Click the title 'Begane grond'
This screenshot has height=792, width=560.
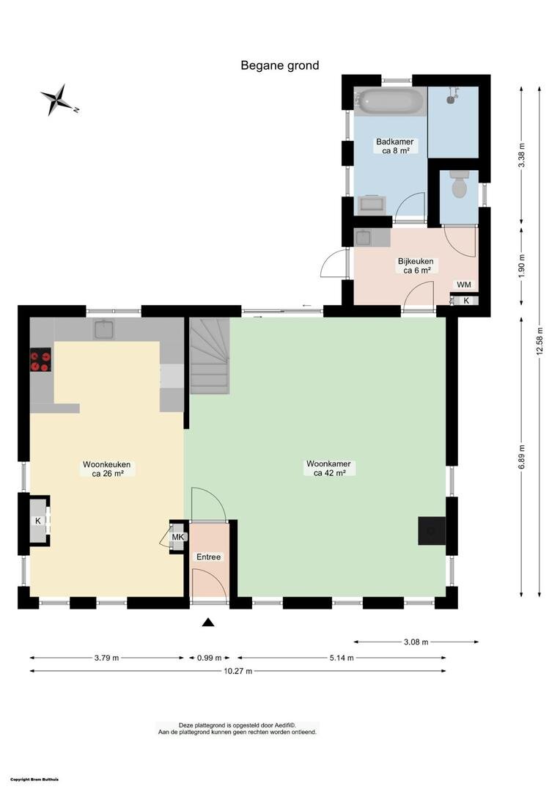click(280, 65)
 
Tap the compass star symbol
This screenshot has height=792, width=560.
click(59, 100)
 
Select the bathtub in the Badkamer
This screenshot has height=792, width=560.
click(391, 101)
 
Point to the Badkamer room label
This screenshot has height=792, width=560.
click(395, 146)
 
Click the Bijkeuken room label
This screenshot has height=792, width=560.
click(416, 265)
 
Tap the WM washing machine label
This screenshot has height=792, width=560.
click(464, 285)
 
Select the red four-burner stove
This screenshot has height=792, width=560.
click(40, 360)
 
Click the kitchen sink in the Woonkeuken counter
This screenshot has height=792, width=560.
click(104, 330)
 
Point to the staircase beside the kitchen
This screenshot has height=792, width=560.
click(210, 356)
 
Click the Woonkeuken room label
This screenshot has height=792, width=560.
click(107, 469)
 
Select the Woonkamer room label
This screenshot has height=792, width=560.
click(329, 468)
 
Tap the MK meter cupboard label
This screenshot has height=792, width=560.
click(178, 537)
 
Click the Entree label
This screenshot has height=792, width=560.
click(209, 557)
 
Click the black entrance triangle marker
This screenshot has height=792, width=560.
click(208, 623)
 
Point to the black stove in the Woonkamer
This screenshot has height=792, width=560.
click(432, 531)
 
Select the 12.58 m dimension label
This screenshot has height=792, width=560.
click(539, 342)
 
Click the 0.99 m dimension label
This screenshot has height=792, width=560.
click(210, 658)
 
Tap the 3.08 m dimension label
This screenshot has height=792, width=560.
click(416, 642)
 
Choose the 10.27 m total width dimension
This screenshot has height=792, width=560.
click(237, 671)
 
